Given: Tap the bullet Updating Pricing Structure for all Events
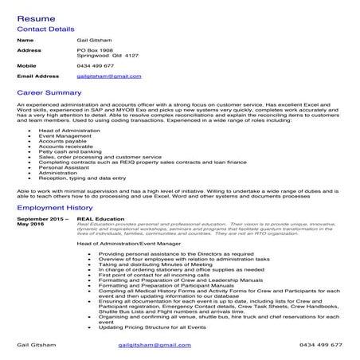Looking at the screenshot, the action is (152, 328).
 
